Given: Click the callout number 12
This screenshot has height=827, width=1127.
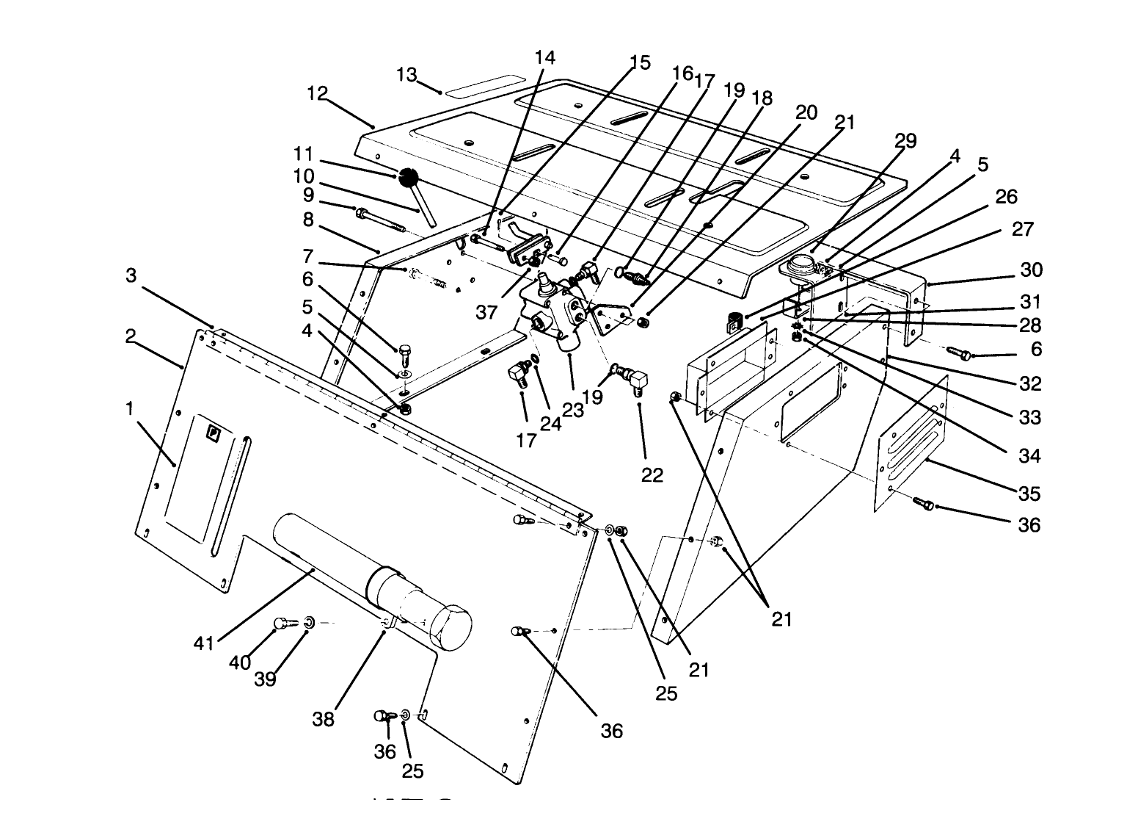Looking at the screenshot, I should pos(317,93).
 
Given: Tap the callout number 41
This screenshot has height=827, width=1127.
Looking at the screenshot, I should pos(203,643).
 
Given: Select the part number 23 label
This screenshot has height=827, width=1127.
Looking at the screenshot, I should pos(572,411).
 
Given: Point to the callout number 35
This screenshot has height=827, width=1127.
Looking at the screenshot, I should pos(1030,493).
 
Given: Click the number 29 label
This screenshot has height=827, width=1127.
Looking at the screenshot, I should pos(906,141).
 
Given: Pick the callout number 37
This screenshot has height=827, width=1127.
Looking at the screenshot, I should pos(486,311).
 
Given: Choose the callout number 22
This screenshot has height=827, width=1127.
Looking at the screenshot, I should pos(652,475).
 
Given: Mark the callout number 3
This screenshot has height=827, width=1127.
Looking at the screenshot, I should pos(131,275).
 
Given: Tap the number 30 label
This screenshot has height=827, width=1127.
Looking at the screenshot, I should pos(1032,270).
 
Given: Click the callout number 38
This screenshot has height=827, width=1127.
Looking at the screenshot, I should pos(324,719).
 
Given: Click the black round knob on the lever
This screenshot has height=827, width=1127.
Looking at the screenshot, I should pos(408,177).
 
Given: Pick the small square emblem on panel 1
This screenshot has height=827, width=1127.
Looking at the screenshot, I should pos(214,433).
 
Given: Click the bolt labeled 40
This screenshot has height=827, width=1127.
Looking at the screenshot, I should pos(283,624).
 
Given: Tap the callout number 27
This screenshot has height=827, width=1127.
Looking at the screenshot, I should pos(1022,229).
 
